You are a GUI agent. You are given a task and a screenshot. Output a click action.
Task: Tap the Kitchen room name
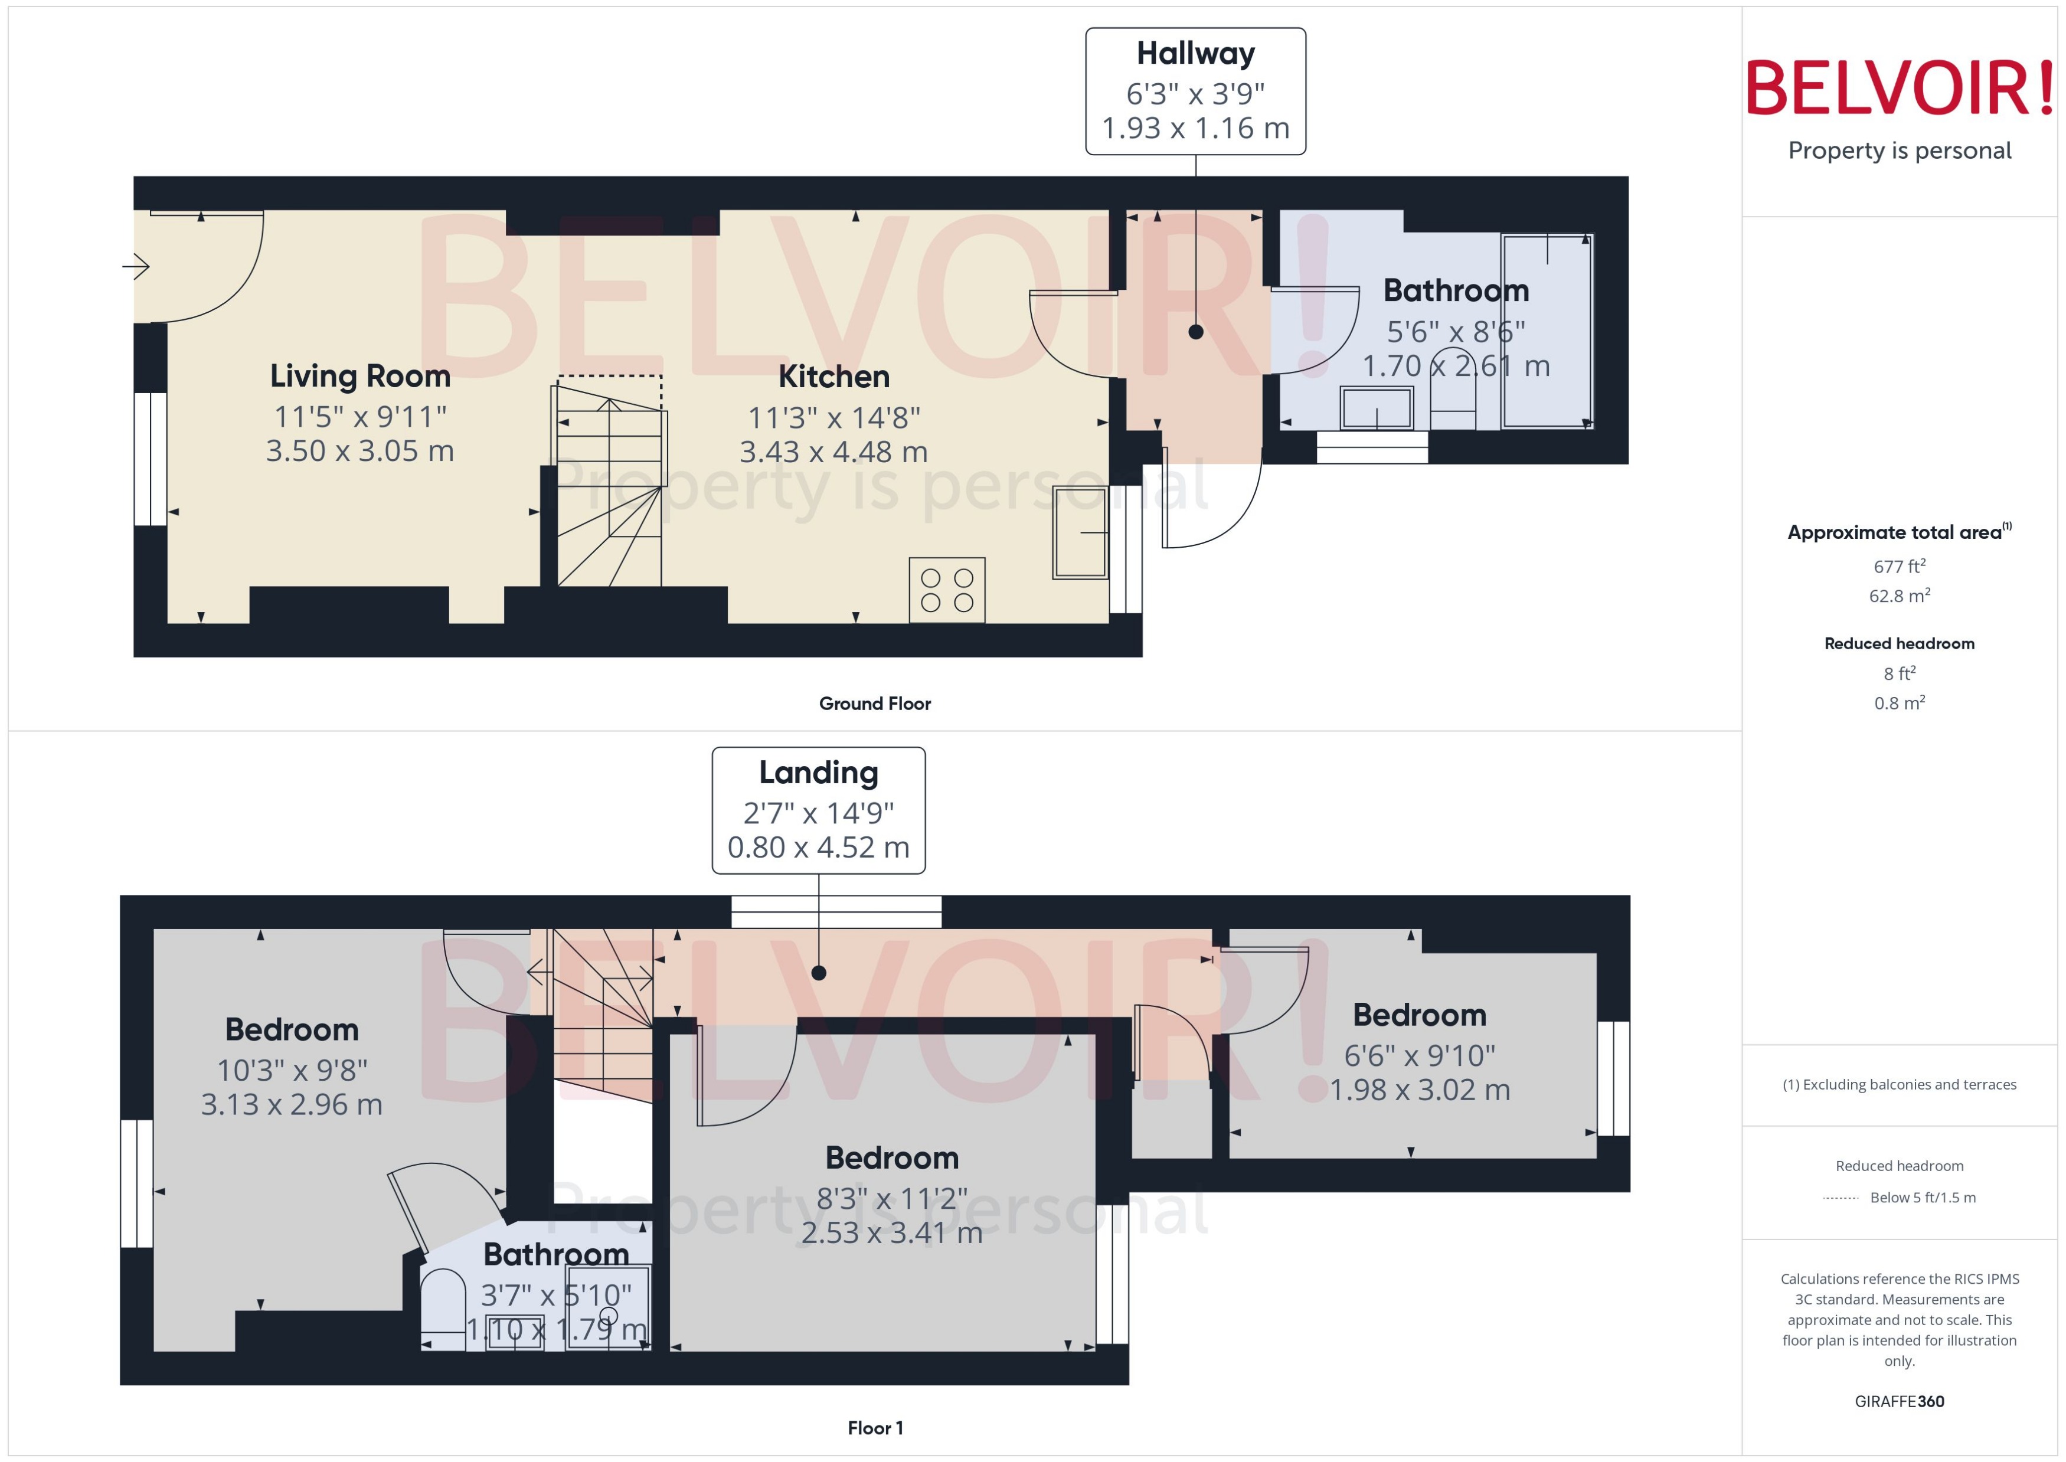pos(833,377)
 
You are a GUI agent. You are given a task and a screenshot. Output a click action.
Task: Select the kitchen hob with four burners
pos(946,591)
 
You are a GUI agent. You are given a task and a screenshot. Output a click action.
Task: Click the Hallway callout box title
pos(1195,54)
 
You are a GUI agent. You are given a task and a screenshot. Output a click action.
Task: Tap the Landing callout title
pos(818,773)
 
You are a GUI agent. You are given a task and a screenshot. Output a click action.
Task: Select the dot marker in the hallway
pos(1195,332)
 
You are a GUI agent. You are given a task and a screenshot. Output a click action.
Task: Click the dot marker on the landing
pos(818,972)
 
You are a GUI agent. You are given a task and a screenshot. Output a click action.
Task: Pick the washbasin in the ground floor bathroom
pos(1375,408)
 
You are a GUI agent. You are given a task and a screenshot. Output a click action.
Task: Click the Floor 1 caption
pos(874,1428)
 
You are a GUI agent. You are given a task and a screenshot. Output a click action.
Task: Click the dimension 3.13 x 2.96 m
pos(292,1104)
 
